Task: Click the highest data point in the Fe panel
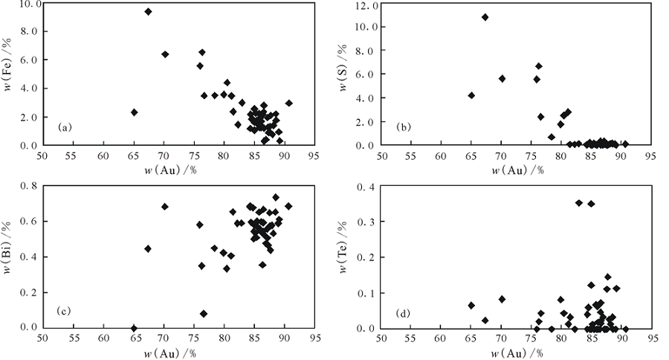[148, 12]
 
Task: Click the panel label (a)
[65, 128]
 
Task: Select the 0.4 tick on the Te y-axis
[366, 186]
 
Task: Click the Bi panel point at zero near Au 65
[134, 328]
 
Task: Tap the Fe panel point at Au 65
[135, 112]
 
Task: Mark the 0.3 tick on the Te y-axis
[366, 222]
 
